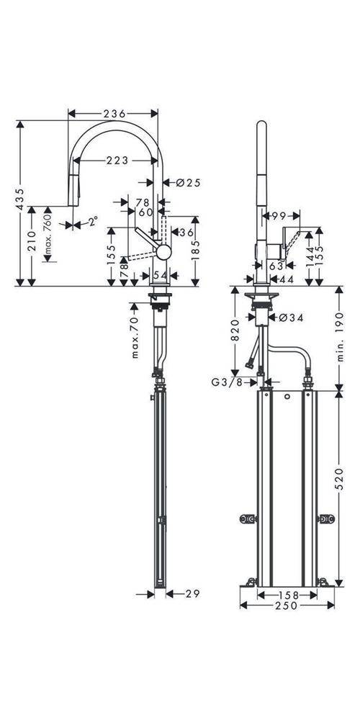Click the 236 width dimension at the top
[x=114, y=113]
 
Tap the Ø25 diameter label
[x=188, y=183]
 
